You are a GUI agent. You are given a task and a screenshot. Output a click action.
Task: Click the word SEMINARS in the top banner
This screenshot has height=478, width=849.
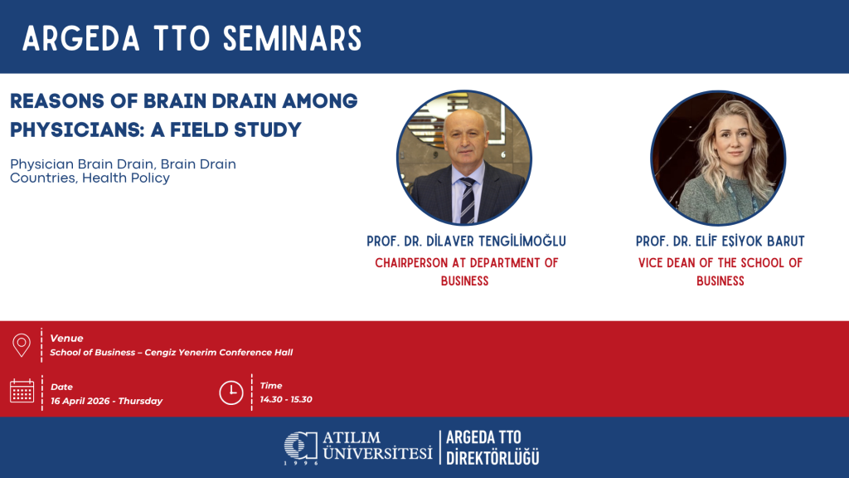pyautogui.click(x=293, y=39)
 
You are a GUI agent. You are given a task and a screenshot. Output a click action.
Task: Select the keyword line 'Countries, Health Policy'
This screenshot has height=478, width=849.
pyautogui.click(x=90, y=178)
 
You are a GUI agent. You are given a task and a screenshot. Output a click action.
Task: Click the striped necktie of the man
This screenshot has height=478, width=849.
pyautogui.click(x=468, y=201)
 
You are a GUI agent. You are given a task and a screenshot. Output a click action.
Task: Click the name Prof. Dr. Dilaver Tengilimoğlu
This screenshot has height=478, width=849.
pyautogui.click(x=466, y=241)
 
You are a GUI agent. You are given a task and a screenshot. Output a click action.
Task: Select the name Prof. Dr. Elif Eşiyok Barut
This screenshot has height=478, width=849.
pyautogui.click(x=720, y=241)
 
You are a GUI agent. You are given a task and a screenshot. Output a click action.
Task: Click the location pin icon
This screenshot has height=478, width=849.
pyautogui.click(x=22, y=344)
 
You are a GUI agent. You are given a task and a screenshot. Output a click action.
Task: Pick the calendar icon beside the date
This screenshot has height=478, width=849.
pyautogui.click(x=22, y=391)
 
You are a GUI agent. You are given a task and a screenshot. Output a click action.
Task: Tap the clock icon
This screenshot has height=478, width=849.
pyautogui.click(x=231, y=393)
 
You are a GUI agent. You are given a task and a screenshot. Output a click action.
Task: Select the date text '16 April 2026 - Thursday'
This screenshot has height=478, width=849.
pyautogui.click(x=107, y=401)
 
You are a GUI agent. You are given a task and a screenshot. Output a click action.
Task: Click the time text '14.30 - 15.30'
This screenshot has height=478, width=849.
pyautogui.click(x=286, y=399)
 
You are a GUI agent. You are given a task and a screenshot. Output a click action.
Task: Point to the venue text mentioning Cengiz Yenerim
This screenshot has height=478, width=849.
pyautogui.click(x=171, y=352)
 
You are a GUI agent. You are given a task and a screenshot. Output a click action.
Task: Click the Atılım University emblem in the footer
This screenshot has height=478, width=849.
pyautogui.click(x=300, y=446)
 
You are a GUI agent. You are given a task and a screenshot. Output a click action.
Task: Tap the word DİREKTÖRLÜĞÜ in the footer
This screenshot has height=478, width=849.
pyautogui.click(x=492, y=457)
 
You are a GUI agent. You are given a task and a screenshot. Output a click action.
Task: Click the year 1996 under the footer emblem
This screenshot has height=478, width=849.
pyautogui.click(x=301, y=463)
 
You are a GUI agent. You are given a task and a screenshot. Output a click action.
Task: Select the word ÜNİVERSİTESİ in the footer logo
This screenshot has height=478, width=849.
pyautogui.click(x=378, y=453)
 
